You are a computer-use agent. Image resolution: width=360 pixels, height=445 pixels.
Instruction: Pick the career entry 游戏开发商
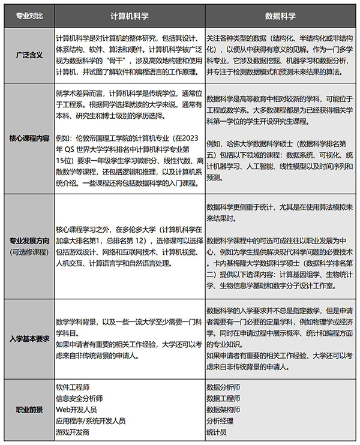tap(71, 431)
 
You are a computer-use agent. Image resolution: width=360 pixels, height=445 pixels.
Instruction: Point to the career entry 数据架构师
tap(223, 410)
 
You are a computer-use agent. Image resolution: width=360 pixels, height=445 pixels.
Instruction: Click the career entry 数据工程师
tap(223, 398)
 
